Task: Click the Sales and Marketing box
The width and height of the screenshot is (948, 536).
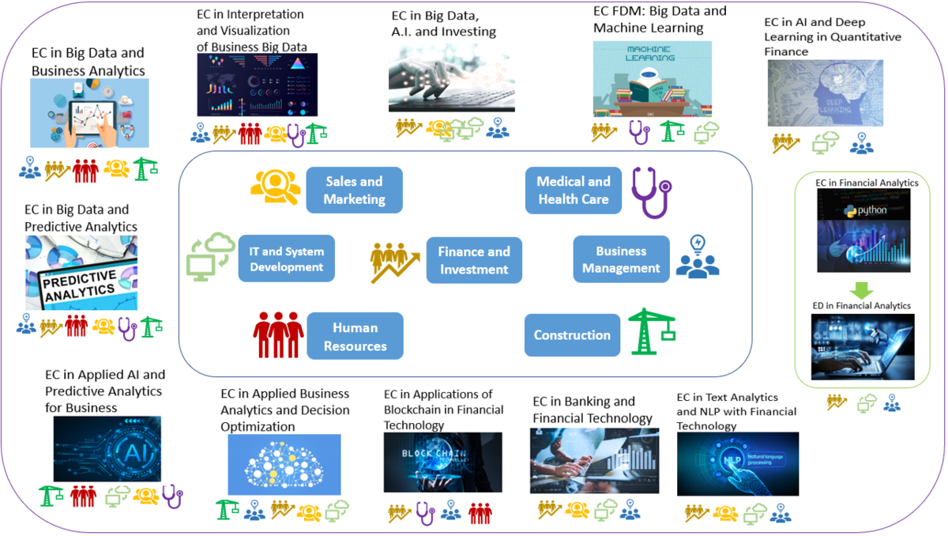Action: pyautogui.click(x=354, y=190)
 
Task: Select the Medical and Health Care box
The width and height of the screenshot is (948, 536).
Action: pyautogui.click(x=574, y=190)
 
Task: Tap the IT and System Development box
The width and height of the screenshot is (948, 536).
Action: pyautogui.click(x=286, y=259)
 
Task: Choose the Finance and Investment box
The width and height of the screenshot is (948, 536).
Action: pyautogui.click(x=474, y=259)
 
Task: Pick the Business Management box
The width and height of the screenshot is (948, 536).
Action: pyautogui.click(x=621, y=259)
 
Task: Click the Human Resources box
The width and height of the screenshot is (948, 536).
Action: pyautogui.click(x=355, y=336)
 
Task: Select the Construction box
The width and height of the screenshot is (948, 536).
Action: pyautogui.click(x=572, y=335)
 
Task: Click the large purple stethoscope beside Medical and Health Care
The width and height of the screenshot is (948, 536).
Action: pyautogui.click(x=650, y=192)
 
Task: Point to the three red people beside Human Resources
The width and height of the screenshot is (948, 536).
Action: pyautogui.click(x=278, y=334)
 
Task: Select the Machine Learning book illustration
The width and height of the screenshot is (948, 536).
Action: pyautogui.click(x=652, y=79)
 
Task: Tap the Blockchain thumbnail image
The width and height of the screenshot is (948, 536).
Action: pyautogui.click(x=442, y=462)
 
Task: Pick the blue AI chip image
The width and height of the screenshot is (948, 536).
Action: pyautogui.click(x=107, y=448)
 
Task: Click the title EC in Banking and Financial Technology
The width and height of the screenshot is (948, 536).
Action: pyautogui.click(x=592, y=410)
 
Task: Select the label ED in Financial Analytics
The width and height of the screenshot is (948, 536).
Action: pyautogui.click(x=861, y=305)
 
